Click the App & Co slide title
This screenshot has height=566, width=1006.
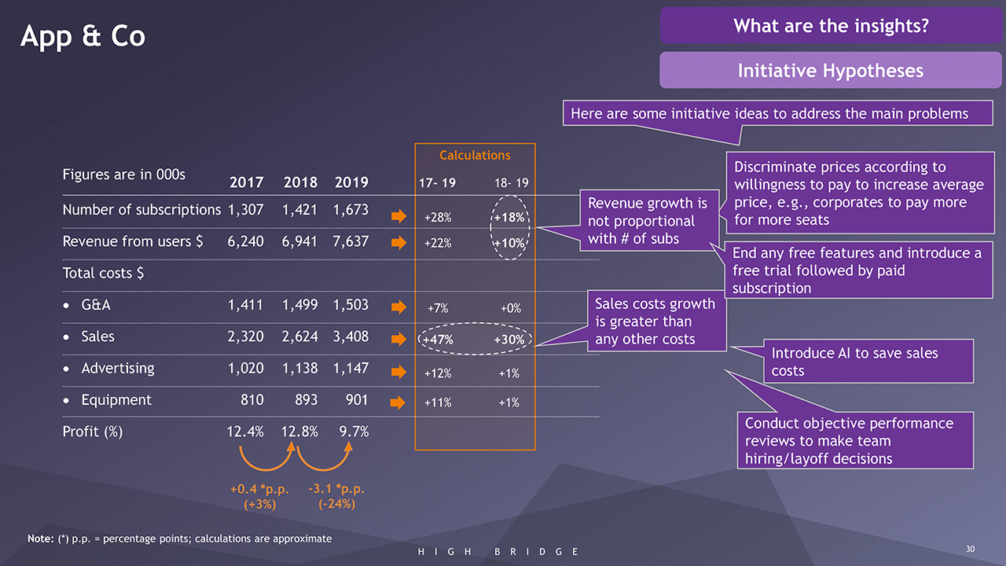click(x=83, y=36)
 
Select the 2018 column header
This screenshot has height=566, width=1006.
click(x=299, y=182)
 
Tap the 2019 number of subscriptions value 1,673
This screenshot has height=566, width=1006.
click(x=351, y=210)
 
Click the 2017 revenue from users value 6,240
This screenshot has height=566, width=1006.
click(x=245, y=241)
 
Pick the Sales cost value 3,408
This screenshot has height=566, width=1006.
click(x=351, y=336)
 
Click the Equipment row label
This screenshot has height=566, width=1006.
click(x=117, y=400)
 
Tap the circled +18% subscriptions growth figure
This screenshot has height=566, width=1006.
click(x=510, y=216)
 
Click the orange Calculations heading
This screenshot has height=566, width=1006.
click(x=475, y=156)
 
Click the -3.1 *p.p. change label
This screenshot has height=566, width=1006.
click(x=337, y=489)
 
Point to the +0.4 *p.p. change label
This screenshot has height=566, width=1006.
click(x=260, y=489)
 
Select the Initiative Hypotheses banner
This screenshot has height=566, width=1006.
click(x=830, y=71)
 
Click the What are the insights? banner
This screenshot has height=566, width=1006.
click(x=831, y=26)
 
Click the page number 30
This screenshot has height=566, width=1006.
click(x=970, y=549)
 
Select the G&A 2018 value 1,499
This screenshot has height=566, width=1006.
click(x=299, y=305)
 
